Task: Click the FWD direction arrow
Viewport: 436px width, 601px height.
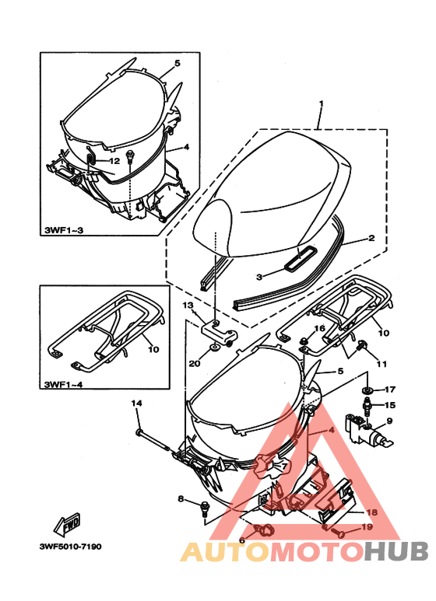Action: pyautogui.click(x=67, y=525)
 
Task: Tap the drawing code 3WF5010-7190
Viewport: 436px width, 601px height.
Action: pyautogui.click(x=71, y=547)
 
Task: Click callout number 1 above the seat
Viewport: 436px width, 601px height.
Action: pyautogui.click(x=322, y=103)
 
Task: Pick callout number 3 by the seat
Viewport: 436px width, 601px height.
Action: pyautogui.click(x=259, y=276)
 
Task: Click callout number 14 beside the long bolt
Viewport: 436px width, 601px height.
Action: pyautogui.click(x=136, y=403)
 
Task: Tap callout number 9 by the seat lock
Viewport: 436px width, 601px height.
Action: pyautogui.click(x=389, y=421)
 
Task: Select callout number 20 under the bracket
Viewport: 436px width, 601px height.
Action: pyautogui.click(x=195, y=362)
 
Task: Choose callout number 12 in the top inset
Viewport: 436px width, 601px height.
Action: pyautogui.click(x=114, y=161)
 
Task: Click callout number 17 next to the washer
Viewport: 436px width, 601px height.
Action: pyautogui.click(x=390, y=390)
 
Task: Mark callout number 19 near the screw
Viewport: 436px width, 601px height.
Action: pyautogui.click(x=367, y=527)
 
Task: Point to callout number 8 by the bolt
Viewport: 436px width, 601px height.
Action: pyautogui.click(x=181, y=499)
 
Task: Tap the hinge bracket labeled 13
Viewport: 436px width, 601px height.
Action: pyautogui.click(x=219, y=331)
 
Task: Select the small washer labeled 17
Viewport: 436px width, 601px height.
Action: pyautogui.click(x=367, y=390)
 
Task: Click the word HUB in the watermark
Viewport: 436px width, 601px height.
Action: pyautogui.click(x=396, y=551)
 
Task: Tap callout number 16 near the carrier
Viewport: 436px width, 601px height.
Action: pyautogui.click(x=319, y=328)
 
